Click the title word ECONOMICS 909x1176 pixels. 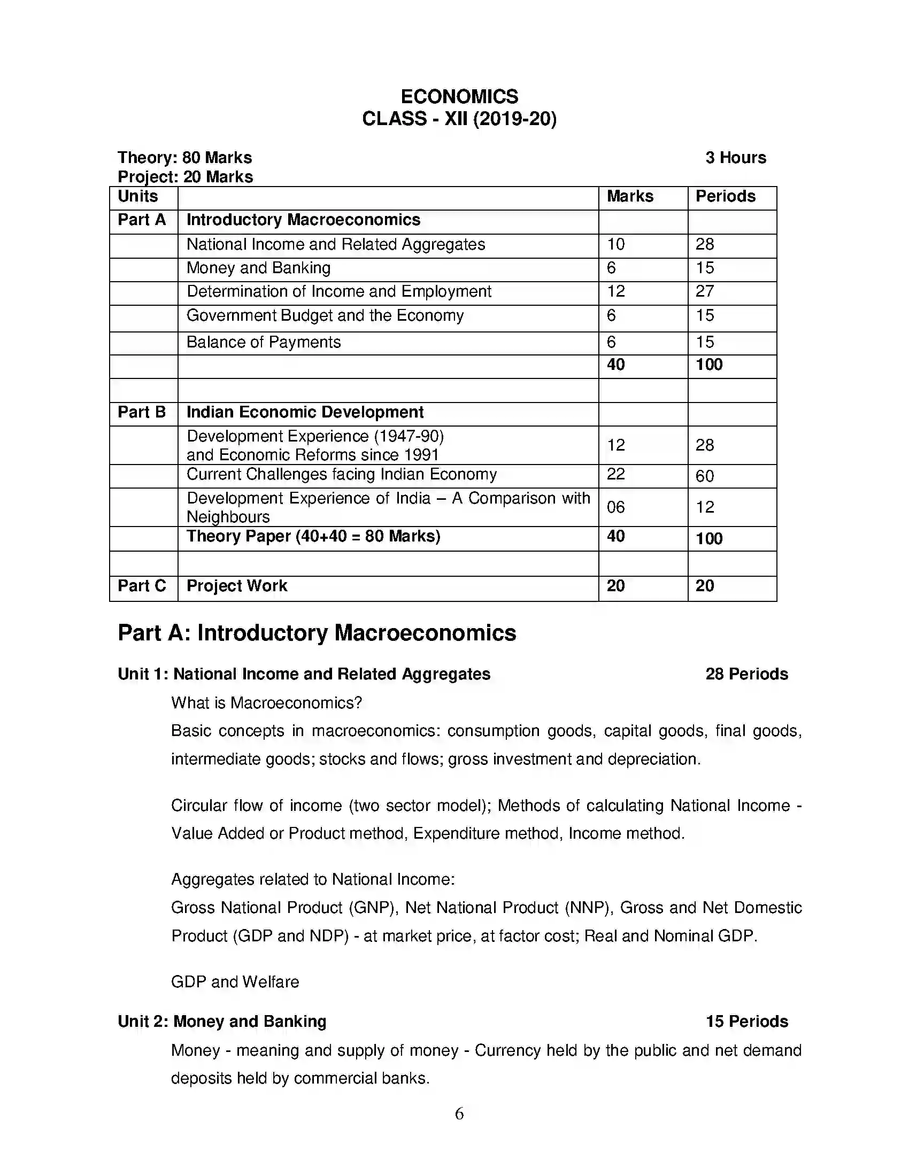459,96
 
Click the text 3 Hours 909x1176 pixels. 735,158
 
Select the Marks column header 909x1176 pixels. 629,197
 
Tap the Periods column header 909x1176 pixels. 725,197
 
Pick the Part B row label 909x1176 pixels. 142,413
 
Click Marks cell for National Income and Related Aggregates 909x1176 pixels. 616,244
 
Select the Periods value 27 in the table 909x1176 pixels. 704,291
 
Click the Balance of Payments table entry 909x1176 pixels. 263,343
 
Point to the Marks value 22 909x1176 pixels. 615,474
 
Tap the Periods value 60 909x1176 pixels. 704,476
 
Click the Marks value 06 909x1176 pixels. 615,507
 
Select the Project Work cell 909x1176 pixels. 236,586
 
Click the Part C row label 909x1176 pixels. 142,586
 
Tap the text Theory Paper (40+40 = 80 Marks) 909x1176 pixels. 313,536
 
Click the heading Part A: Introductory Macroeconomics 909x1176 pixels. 317,633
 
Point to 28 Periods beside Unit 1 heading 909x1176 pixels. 746,674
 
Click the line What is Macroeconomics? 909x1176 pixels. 266,703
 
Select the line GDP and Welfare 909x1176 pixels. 235,981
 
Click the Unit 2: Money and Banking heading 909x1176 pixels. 222,1022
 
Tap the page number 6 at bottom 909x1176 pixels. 459,1113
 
